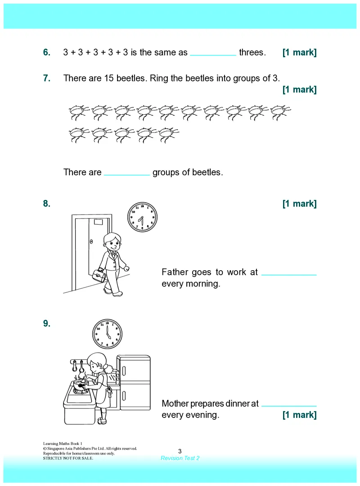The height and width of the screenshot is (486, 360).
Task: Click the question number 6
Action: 47,52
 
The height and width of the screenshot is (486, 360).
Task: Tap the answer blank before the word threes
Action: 213,55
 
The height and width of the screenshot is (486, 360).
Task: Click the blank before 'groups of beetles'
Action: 127,175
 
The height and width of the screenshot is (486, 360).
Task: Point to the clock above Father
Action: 142,217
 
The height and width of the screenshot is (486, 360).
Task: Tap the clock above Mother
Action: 108,334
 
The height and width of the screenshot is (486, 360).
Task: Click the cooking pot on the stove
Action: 81,385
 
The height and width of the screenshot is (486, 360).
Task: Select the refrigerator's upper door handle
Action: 124,371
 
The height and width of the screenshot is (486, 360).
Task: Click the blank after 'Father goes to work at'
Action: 289,275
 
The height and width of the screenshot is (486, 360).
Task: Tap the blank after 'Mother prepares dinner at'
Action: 289,406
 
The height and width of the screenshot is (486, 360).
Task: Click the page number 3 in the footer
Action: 180,451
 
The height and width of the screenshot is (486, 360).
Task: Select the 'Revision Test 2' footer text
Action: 180,458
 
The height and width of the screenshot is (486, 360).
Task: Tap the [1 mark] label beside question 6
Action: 299,52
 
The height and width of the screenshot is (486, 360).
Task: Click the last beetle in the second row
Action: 169,135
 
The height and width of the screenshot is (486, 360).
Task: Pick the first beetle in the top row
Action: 79,112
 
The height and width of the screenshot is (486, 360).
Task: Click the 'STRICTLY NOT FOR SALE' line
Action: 68,458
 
